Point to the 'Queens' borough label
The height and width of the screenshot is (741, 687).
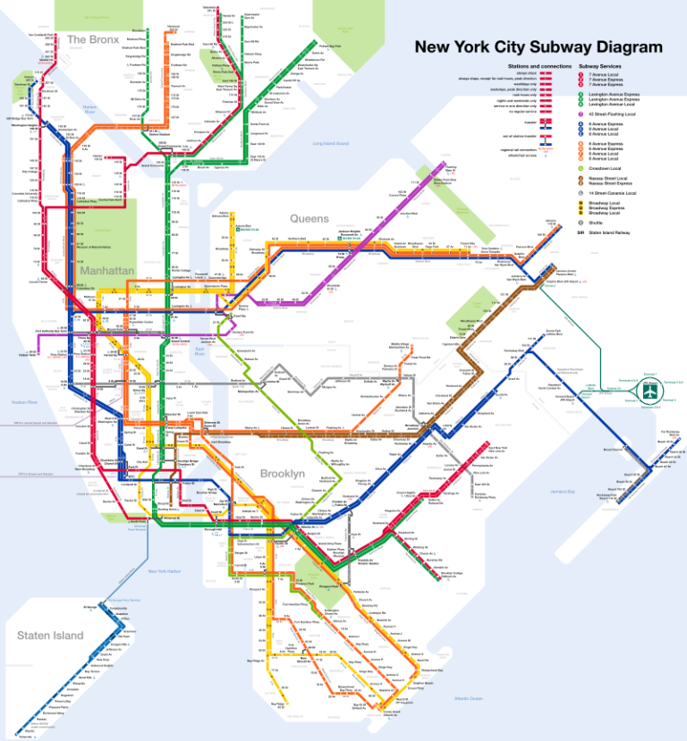[x=309, y=218]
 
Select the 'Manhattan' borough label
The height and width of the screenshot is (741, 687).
[x=106, y=269]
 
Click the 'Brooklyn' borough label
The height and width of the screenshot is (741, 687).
[x=283, y=473]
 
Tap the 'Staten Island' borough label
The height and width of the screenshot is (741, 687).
[x=49, y=635]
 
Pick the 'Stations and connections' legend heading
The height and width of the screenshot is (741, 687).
[x=539, y=66]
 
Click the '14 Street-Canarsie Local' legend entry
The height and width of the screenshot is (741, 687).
[x=613, y=192]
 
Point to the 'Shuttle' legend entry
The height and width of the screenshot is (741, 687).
[x=596, y=223]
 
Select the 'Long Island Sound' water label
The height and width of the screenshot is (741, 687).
[x=330, y=143]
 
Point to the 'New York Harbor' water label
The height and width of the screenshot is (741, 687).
[x=164, y=571]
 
